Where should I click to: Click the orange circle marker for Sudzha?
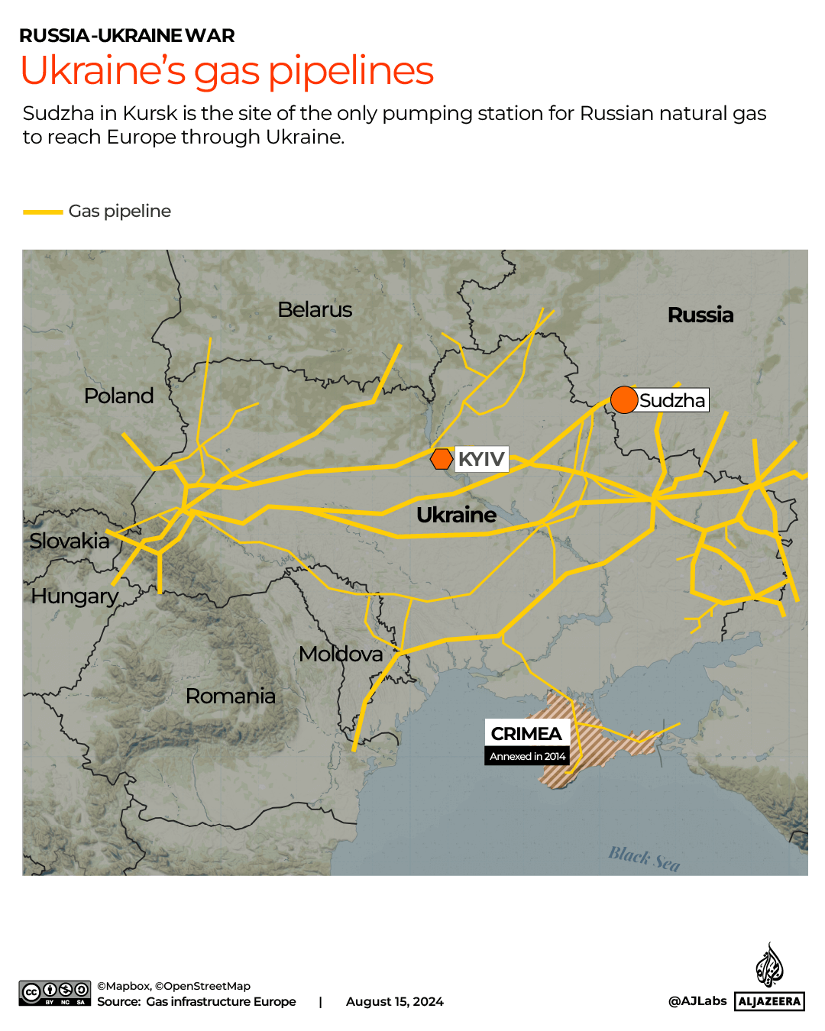tap(624, 399)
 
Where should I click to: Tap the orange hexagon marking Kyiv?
tap(442, 459)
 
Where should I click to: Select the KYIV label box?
tap(482, 459)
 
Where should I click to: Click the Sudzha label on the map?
tap(673, 400)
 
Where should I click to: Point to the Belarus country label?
tap(315, 309)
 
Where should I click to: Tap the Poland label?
tap(118, 396)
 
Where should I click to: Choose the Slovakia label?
tap(70, 541)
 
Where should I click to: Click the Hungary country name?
tap(75, 596)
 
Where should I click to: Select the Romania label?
tap(230, 696)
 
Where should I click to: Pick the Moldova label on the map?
tap(341, 654)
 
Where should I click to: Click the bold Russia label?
tap(700, 315)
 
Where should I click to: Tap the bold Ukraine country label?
tap(456, 515)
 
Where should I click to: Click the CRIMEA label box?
tap(526, 733)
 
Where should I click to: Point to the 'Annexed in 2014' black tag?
tap(527, 756)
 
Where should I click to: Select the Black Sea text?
tap(644, 858)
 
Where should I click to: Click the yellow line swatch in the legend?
tap(43, 212)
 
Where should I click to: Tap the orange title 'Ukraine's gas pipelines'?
tap(227, 70)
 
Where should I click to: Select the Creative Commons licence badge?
tap(55, 993)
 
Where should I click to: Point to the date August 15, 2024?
tap(394, 1001)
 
